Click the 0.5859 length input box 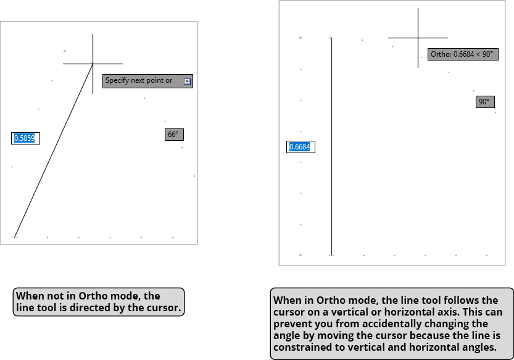(25, 138)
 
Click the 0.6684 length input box (301, 147)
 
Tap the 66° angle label (174, 135)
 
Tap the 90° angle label (485, 102)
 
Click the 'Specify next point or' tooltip (139, 81)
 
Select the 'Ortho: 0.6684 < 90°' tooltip (462, 54)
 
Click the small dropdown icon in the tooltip (188, 82)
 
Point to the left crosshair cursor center (93, 64)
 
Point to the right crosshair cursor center (418, 38)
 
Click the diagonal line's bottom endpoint (14, 237)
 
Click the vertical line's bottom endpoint (332, 254)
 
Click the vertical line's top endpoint (332, 38)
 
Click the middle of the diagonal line (53, 150)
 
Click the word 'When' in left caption (29, 296)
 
